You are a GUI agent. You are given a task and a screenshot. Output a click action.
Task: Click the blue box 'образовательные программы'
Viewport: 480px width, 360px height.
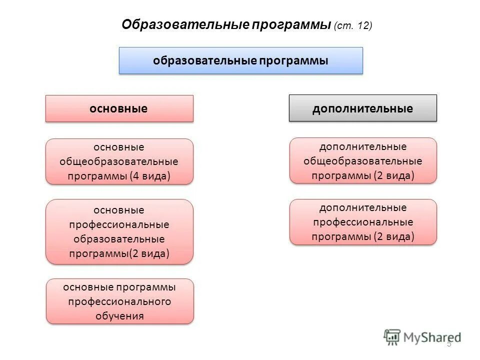pyautogui.click(x=240, y=60)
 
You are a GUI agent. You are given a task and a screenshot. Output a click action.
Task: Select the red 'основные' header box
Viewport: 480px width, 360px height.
pyautogui.click(x=119, y=108)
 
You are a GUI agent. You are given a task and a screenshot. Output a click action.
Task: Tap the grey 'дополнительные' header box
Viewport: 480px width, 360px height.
pyautogui.click(x=362, y=108)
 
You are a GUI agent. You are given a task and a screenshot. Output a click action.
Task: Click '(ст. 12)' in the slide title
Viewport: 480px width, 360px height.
pyautogui.click(x=353, y=25)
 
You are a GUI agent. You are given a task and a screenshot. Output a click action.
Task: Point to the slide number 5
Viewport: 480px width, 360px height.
pyautogui.click(x=449, y=343)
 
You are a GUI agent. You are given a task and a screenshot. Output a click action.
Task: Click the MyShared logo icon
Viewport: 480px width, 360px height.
pyautogui.click(x=392, y=336)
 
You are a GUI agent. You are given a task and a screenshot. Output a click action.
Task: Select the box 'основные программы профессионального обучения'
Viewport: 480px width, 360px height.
pyautogui.click(x=119, y=301)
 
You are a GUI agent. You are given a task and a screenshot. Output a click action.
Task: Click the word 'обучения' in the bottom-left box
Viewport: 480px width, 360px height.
pyautogui.click(x=119, y=316)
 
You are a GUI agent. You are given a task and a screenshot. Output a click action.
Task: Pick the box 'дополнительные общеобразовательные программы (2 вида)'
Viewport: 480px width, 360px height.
pyautogui.click(x=363, y=161)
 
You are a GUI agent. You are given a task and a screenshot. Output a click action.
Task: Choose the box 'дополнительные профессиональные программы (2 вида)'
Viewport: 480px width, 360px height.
pyautogui.click(x=363, y=222)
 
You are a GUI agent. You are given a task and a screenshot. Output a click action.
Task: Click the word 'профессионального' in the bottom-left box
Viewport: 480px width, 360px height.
pyautogui.click(x=119, y=301)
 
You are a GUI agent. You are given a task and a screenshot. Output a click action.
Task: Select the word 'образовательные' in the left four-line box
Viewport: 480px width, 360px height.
pyautogui.click(x=119, y=239)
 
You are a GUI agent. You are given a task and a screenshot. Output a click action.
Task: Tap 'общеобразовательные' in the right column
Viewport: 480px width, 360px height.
pyautogui.click(x=363, y=161)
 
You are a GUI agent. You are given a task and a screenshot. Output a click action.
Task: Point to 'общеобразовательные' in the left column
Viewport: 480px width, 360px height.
pyautogui.click(x=119, y=162)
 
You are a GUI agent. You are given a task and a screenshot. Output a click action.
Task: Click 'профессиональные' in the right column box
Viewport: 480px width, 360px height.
pyautogui.click(x=363, y=222)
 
